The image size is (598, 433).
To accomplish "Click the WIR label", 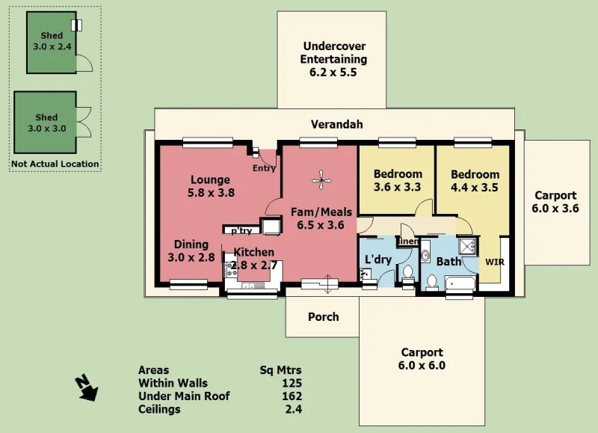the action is click(x=495, y=262).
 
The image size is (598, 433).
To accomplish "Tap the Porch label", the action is click(x=323, y=316).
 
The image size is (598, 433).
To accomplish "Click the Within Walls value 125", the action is click(x=292, y=383).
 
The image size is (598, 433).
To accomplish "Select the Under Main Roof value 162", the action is click(x=292, y=396).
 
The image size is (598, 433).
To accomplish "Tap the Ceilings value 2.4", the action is click(x=295, y=410).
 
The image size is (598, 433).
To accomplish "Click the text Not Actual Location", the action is click(x=55, y=164).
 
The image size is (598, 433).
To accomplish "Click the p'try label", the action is click(x=241, y=230).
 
